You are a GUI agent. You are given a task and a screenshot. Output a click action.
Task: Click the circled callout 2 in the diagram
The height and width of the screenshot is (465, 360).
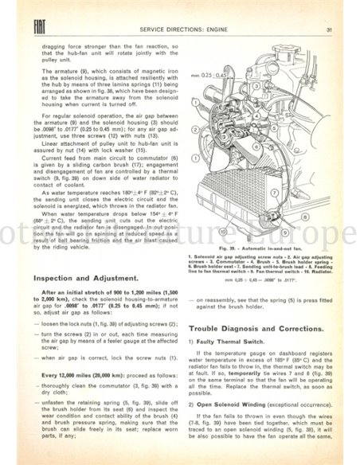coord(195,130)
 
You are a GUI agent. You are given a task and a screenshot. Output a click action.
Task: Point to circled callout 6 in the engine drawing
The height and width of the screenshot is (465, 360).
coord(256,147)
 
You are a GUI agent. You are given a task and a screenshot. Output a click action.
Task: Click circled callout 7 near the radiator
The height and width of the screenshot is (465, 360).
coord(274,193)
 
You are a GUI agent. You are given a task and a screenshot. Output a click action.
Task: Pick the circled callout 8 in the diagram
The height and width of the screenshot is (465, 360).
coord(304,217)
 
